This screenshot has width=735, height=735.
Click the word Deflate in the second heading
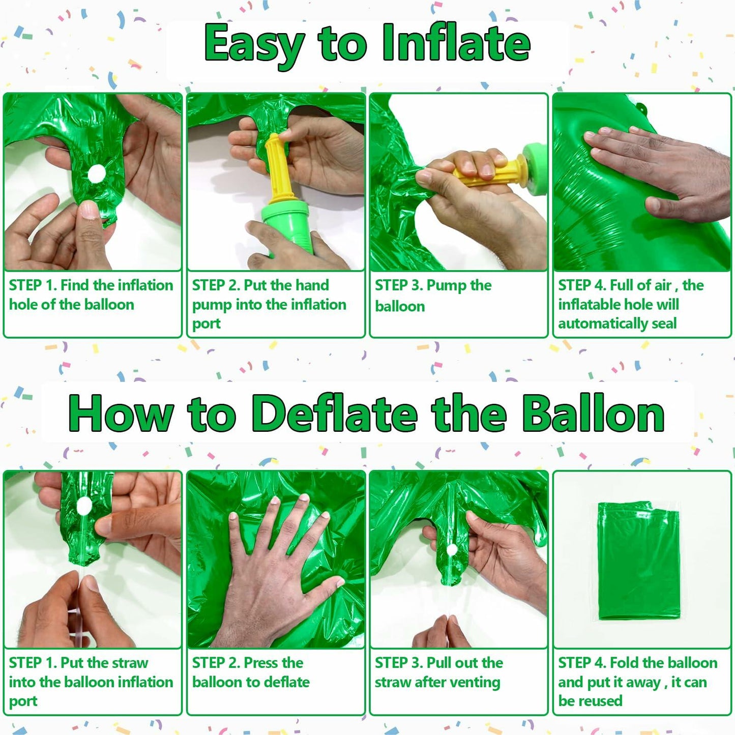pyautogui.click(x=334, y=414)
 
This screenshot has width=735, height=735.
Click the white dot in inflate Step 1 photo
pyautogui.click(x=96, y=174)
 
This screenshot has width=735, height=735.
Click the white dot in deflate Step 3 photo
pyautogui.click(x=451, y=550)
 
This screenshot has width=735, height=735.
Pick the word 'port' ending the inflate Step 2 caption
pyautogui.click(x=206, y=325)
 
